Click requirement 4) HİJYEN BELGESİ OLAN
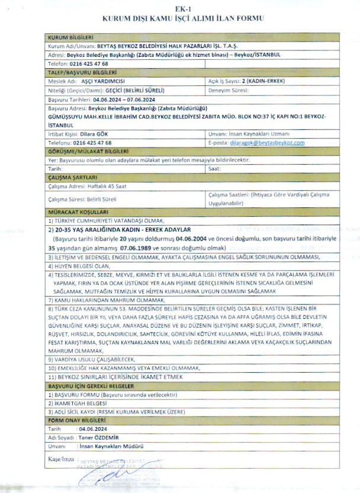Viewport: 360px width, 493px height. pyautogui.click(x=78, y=267)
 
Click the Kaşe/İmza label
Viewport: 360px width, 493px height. pyautogui.click(x=60, y=459)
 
